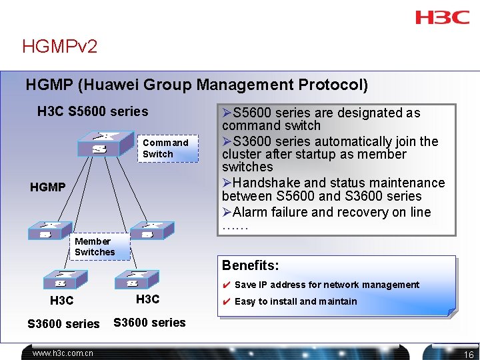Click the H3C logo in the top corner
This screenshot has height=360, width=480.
pyautogui.click(x=442, y=17)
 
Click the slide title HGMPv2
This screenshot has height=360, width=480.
pyautogui.click(x=60, y=47)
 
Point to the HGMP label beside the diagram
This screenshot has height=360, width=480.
pyautogui.click(x=48, y=187)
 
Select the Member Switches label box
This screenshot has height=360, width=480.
pyautogui.click(x=95, y=247)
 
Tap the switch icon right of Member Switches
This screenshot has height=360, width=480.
pyautogui.click(x=152, y=230)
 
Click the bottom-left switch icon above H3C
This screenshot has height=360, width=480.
pyautogui.click(x=62, y=279)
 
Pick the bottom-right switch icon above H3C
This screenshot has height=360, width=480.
pyautogui.click(x=136, y=279)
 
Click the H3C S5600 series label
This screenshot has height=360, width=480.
pyautogui.click(x=93, y=111)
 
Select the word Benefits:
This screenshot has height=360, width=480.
pyautogui.click(x=251, y=265)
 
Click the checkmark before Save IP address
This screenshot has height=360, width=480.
pyautogui.click(x=226, y=285)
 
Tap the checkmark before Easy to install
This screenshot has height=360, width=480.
pyautogui.click(x=226, y=302)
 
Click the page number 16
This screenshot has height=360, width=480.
pyautogui.click(x=469, y=355)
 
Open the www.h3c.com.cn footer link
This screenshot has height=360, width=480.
pyautogui.click(x=63, y=353)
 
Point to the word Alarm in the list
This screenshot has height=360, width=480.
pyautogui.click(x=251, y=213)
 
